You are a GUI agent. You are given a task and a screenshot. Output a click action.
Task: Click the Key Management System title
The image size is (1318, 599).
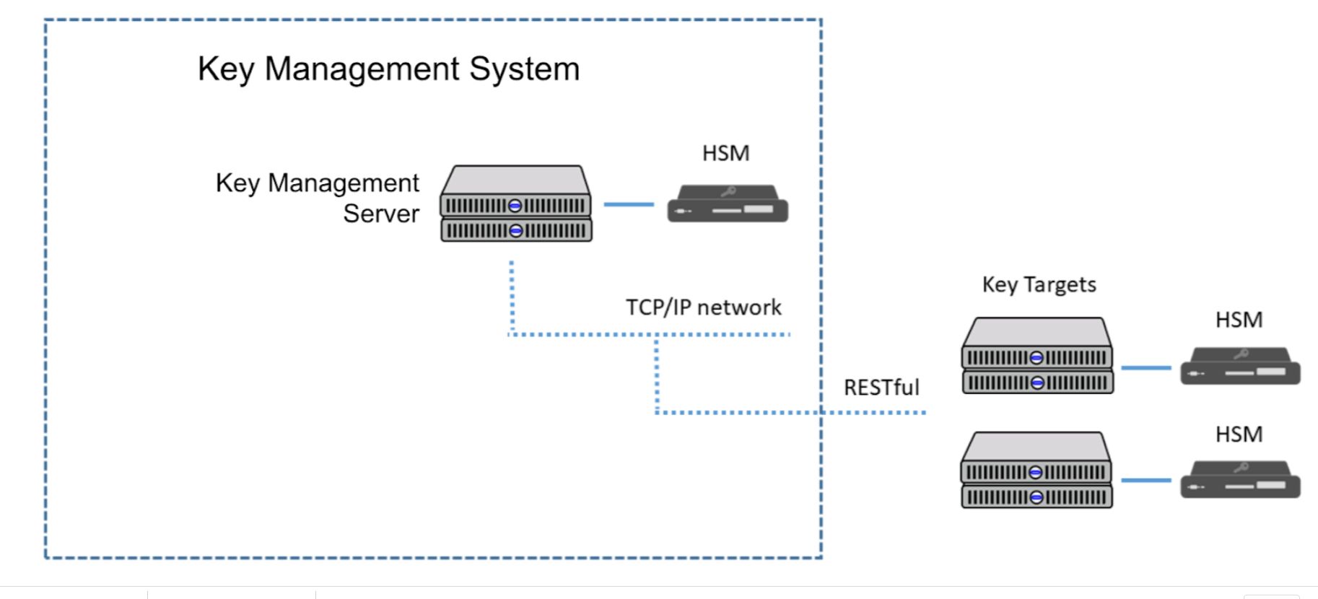[x=388, y=69]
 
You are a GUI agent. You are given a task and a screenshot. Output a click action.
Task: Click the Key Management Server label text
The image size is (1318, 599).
[x=318, y=198]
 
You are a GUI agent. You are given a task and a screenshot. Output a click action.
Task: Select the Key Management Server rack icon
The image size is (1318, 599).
[x=516, y=204]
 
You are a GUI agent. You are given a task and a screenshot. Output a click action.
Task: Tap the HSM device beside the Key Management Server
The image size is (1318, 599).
[x=728, y=205]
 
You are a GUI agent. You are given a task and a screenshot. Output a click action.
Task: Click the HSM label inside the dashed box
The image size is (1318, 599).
[x=725, y=153]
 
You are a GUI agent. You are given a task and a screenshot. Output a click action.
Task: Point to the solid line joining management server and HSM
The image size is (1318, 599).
[x=628, y=205]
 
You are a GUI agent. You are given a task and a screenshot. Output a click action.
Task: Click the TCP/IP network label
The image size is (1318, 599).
[x=703, y=307]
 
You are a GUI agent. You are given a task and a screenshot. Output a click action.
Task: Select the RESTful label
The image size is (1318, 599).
[x=881, y=388]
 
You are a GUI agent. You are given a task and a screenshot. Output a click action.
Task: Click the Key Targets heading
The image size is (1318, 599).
[x=1039, y=284]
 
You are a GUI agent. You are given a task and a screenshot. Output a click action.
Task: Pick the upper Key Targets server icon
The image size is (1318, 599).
[x=1037, y=357]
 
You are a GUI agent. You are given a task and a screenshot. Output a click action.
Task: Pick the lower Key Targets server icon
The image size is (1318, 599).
[x=1036, y=471]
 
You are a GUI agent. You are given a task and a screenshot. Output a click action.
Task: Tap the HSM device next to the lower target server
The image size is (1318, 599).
[x=1240, y=481]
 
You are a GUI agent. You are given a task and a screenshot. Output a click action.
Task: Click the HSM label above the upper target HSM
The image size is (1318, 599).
[x=1239, y=320]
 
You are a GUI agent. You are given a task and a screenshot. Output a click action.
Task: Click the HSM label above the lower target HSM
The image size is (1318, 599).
[x=1239, y=434]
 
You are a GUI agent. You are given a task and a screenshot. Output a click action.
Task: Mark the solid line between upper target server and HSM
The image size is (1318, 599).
[x=1146, y=368]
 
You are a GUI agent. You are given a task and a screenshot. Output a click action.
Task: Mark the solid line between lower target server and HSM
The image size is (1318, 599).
[x=1146, y=481]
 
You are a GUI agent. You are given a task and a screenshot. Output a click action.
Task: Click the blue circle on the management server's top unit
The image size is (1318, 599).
[x=515, y=206]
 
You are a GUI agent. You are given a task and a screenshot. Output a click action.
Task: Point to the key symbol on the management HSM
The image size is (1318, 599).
[x=728, y=192]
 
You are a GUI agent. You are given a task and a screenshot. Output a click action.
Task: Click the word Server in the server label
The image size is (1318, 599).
[x=381, y=214]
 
